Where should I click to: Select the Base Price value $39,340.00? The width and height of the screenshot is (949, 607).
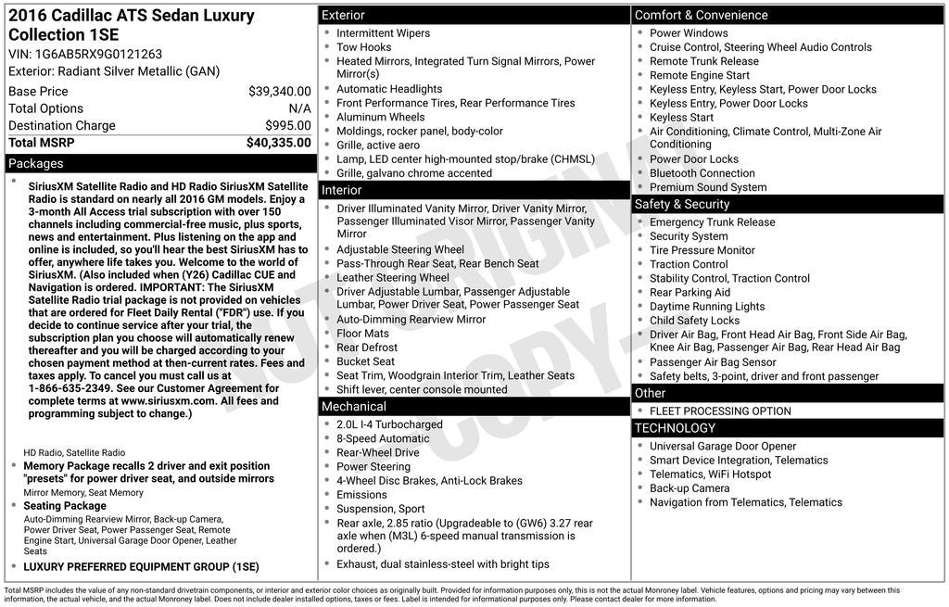coord(280,92)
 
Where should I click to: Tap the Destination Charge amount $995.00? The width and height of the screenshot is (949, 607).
coord(288,126)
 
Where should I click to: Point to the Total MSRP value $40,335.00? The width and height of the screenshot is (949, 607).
coord(279,143)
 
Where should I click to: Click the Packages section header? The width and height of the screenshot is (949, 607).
coord(36,164)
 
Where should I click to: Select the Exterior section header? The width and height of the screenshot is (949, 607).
coord(343,16)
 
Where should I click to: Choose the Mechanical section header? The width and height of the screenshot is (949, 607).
coord(354,407)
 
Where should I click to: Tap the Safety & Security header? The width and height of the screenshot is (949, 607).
coord(681,205)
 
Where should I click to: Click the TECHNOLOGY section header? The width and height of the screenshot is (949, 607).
coord(675,428)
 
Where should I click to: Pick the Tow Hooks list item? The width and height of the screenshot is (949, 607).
coord(364,47)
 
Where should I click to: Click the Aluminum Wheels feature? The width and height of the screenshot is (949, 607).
coord(381,118)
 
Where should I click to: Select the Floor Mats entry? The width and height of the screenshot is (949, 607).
coord(363,334)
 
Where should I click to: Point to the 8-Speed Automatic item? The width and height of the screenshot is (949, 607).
coord(383,439)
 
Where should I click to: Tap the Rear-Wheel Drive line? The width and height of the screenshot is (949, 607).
coord(378,453)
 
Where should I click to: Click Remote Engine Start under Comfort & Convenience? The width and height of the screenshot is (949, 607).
coord(700,75)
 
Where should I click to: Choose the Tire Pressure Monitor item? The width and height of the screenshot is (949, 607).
coord(702,250)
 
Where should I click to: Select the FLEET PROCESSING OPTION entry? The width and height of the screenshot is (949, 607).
coord(720,411)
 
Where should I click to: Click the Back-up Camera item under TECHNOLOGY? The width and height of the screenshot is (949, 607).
coord(690,488)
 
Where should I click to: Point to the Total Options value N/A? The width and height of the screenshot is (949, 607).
coord(299,109)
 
